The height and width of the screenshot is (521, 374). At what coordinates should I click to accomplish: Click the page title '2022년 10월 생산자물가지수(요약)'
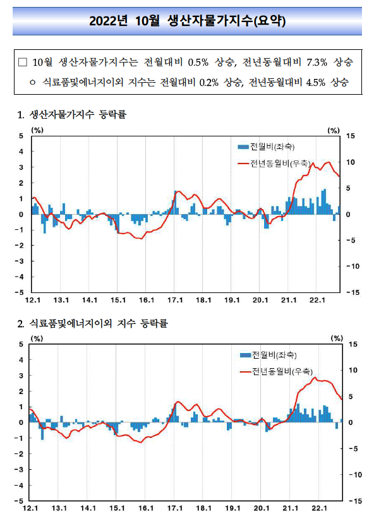[187, 21]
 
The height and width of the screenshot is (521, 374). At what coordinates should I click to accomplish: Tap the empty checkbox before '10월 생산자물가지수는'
[23, 62]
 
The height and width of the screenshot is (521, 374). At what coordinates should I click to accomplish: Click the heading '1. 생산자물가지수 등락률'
[72, 115]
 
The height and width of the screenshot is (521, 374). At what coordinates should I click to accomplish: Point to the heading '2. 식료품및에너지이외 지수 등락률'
[93, 323]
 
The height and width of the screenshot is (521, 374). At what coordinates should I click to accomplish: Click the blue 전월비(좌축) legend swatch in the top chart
[243, 147]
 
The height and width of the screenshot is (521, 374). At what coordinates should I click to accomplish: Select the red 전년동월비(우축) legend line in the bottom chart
[246, 371]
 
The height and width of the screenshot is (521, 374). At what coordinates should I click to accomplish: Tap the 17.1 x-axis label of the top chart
[175, 300]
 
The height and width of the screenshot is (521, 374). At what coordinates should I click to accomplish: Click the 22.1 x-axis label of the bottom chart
[318, 508]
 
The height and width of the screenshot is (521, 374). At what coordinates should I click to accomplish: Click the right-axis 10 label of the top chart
[351, 162]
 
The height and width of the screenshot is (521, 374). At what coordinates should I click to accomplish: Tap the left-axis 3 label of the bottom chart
[21, 376]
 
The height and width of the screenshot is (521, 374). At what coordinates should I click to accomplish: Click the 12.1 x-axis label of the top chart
[33, 300]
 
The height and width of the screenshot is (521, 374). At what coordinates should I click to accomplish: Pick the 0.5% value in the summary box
[198, 62]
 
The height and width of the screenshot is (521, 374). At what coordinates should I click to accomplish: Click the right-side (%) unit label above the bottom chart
[337, 338]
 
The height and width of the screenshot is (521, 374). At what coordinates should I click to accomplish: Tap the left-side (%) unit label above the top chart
[37, 130]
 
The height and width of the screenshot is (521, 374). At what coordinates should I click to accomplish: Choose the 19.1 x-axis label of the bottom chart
[232, 508]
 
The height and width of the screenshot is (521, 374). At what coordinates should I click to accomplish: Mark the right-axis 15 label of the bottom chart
[353, 344]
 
